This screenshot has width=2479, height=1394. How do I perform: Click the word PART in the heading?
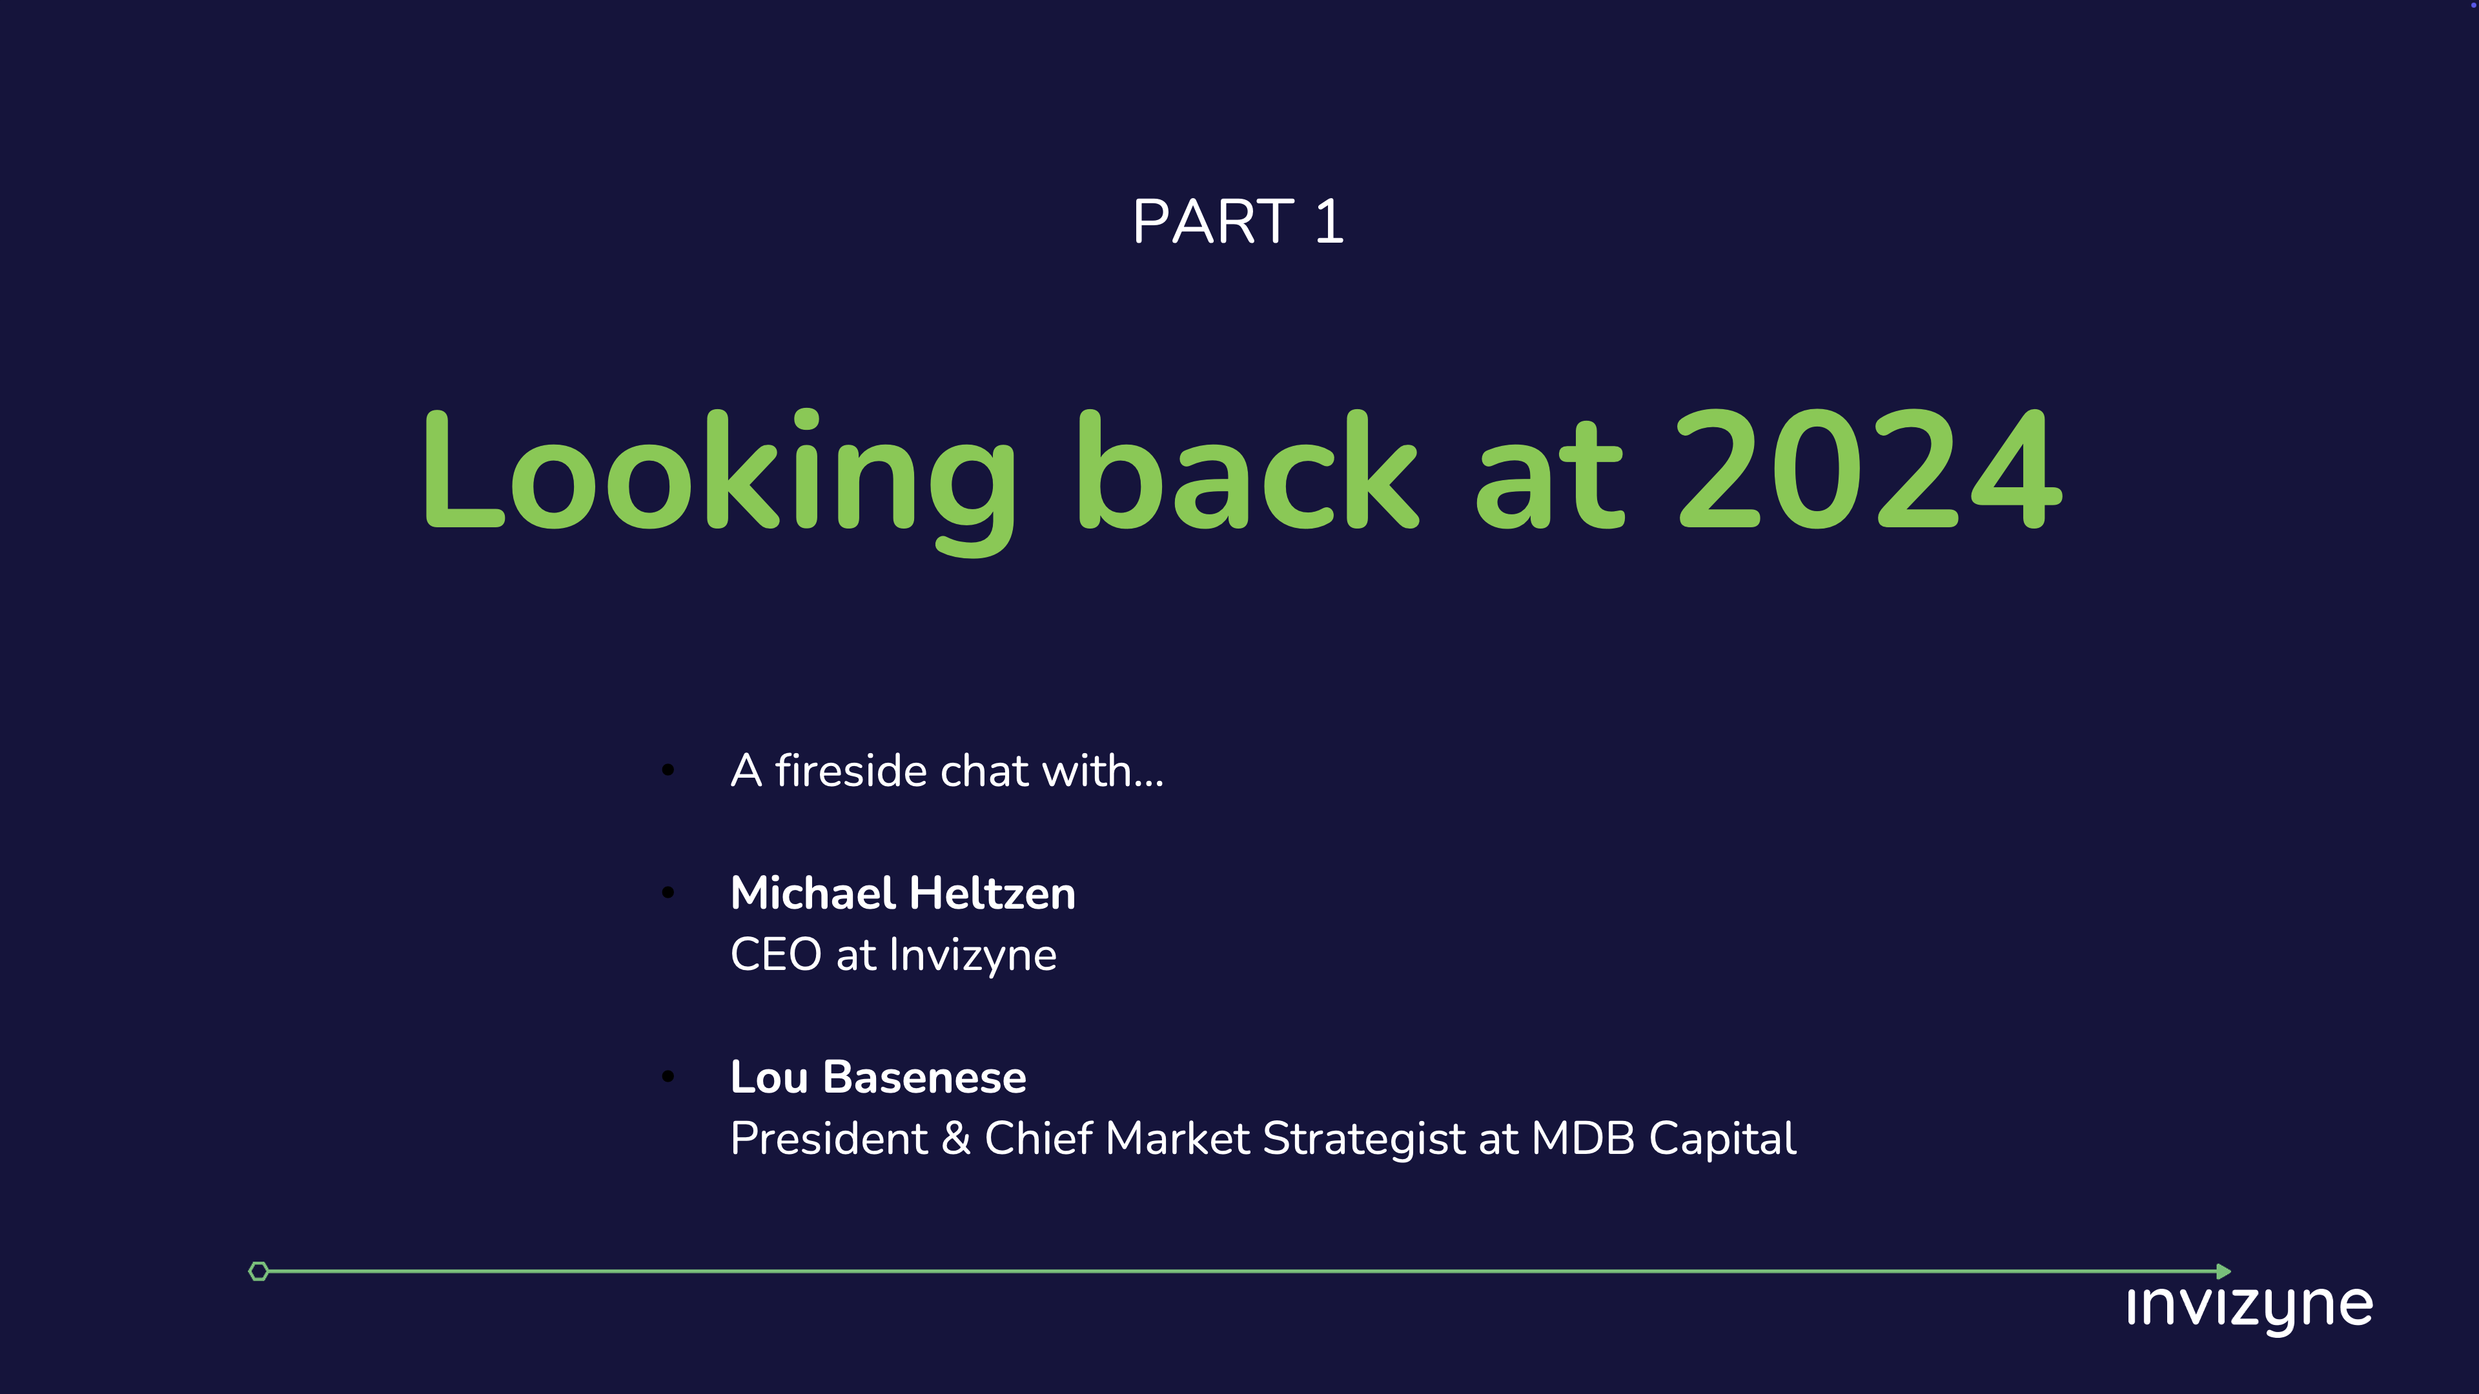(x=1212, y=221)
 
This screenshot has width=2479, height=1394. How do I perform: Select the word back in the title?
(x=1247, y=471)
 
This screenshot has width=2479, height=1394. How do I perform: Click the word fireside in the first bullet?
(x=851, y=771)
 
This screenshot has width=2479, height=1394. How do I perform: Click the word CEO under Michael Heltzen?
(x=775, y=955)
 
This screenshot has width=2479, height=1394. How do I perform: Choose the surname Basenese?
(x=925, y=1076)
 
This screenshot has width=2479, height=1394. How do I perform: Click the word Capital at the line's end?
(x=1722, y=1140)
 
